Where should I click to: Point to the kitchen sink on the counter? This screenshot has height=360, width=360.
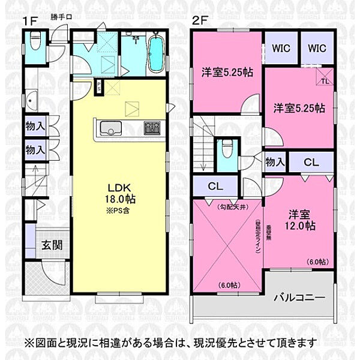coord(110,129)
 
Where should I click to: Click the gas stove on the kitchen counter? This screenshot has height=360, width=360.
coord(152,128)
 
